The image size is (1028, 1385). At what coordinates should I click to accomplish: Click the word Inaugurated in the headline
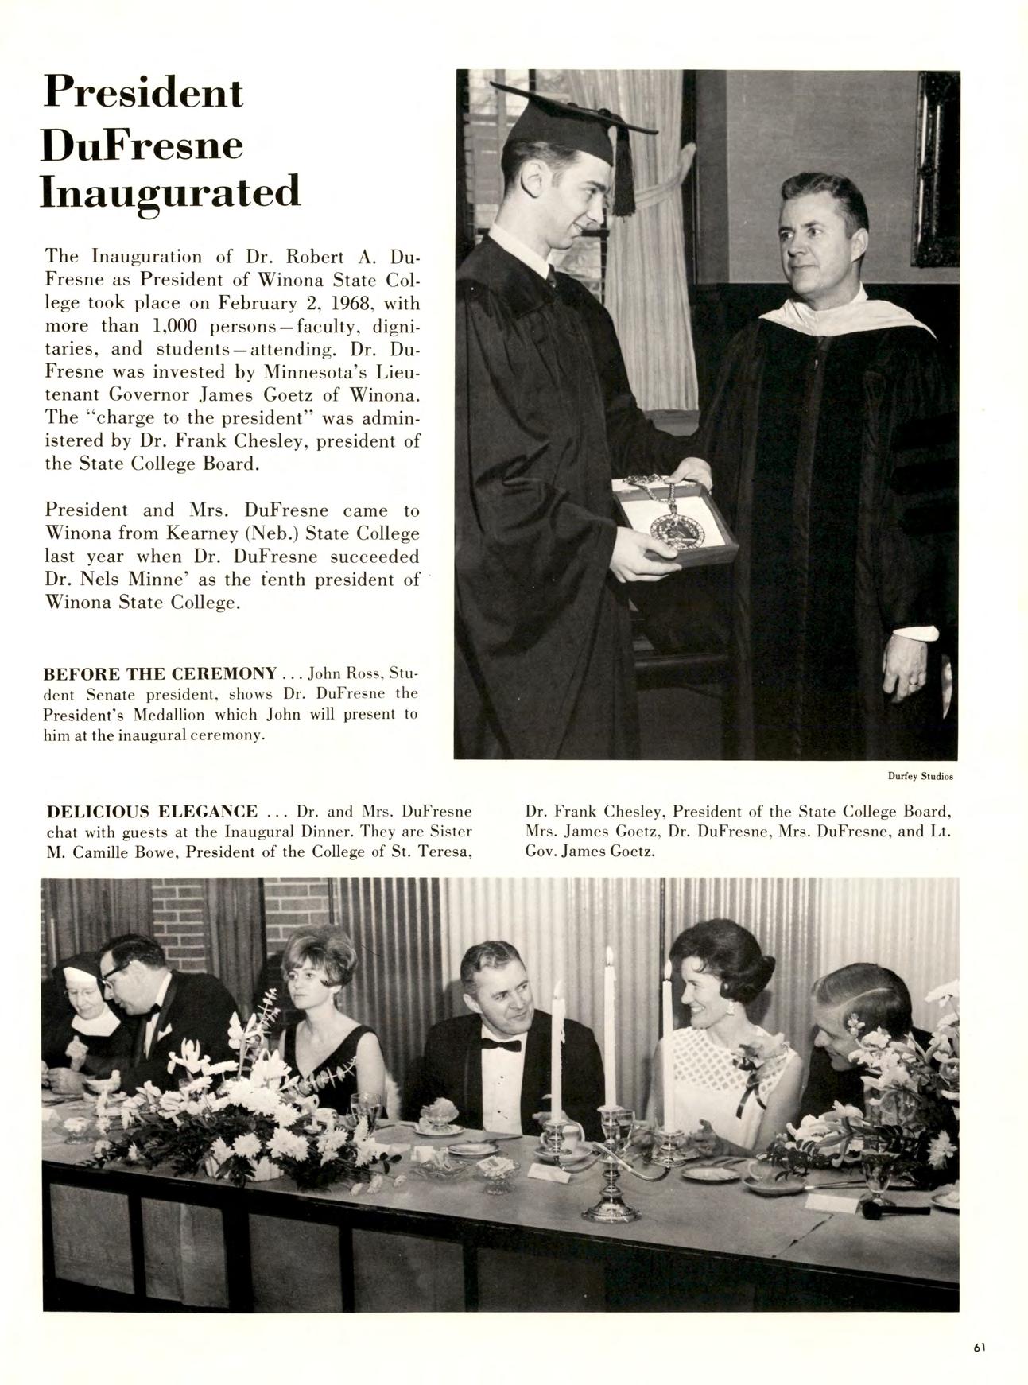[171, 194]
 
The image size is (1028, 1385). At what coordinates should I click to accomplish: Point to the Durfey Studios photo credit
[920, 776]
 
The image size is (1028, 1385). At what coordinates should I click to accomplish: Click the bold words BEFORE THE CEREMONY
[160, 674]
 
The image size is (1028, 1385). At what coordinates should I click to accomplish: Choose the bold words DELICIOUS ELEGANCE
[153, 812]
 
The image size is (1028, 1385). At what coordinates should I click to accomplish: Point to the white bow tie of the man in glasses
[153, 1009]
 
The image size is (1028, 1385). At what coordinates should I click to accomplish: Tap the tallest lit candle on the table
[609, 1026]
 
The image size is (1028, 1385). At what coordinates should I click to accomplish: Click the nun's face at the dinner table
[81, 992]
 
